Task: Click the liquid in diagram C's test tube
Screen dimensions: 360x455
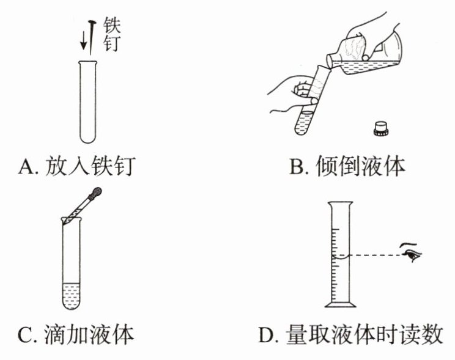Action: tap(72, 293)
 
